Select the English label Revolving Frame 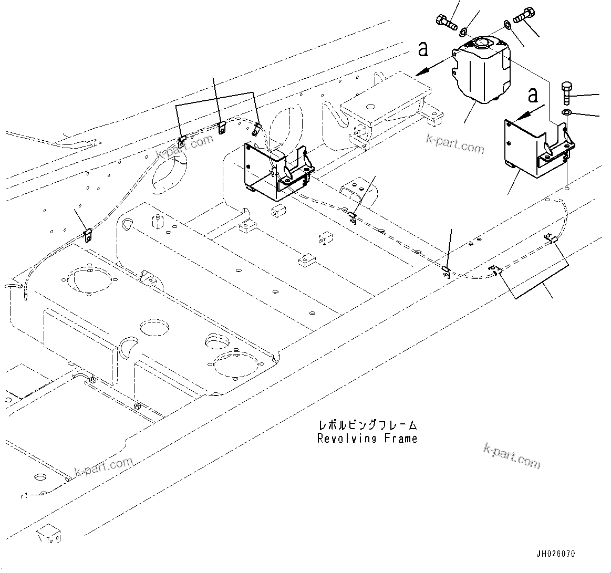point(367,439)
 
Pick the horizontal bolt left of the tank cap point(445,23)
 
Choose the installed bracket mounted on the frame point(276,171)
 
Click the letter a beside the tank point(423,49)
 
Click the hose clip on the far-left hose point(88,234)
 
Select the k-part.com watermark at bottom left point(104,466)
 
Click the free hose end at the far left point(26,299)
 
